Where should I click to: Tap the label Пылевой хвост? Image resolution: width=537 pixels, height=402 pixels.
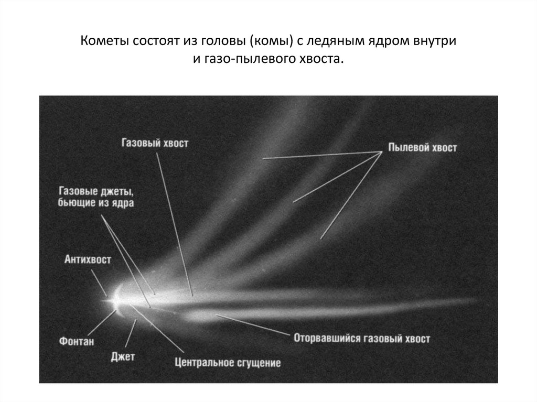tap(423, 148)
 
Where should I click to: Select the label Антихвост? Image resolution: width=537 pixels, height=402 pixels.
tap(88, 259)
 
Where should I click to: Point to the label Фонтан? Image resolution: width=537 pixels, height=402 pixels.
tap(76, 342)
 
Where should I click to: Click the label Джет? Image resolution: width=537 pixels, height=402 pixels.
tap(123, 357)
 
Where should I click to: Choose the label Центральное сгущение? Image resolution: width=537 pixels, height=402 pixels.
tap(228, 362)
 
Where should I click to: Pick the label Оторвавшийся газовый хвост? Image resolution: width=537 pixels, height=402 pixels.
tap(362, 338)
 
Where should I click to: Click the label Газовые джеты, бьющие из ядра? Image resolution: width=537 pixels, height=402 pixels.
tap(96, 197)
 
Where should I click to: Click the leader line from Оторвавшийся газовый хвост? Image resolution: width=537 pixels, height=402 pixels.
tap(252, 324)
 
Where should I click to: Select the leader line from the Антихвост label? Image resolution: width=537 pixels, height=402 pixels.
tap(99, 280)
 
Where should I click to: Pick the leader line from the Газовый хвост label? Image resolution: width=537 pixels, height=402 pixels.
tap(176, 220)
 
